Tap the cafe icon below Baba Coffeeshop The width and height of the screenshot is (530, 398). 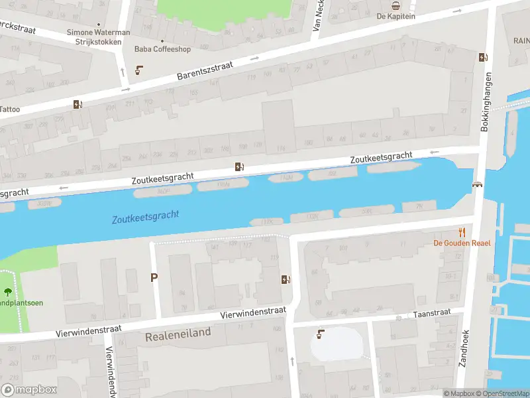click(x=139, y=70)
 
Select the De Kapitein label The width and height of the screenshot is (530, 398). click(x=396, y=16)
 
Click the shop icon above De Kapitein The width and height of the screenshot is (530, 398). click(x=396, y=5)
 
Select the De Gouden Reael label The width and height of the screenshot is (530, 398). click(x=462, y=243)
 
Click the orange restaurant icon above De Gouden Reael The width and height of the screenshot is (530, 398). click(x=462, y=232)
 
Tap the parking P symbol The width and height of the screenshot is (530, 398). click(x=154, y=278)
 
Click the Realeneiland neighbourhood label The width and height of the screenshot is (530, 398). click(x=178, y=333)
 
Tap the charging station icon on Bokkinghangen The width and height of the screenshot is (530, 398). click(x=483, y=57)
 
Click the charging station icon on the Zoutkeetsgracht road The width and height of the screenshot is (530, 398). click(x=239, y=167)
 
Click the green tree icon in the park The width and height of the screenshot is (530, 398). click(x=8, y=291)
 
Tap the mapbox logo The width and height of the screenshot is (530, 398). click(x=28, y=390)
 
